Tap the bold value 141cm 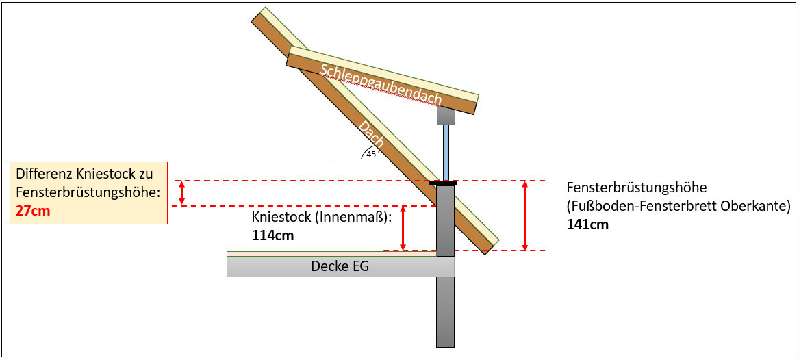click(587, 224)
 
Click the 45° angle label click(372, 154)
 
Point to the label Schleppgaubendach click(380, 85)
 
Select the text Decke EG click(340, 266)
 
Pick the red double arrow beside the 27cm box click(181, 193)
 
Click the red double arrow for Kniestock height click(403, 228)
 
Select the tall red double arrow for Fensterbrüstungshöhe click(524, 216)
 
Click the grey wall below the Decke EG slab click(445, 311)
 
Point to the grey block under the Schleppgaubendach click(446, 114)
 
